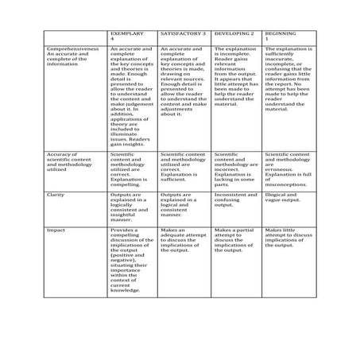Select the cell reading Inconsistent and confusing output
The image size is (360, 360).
235,199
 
